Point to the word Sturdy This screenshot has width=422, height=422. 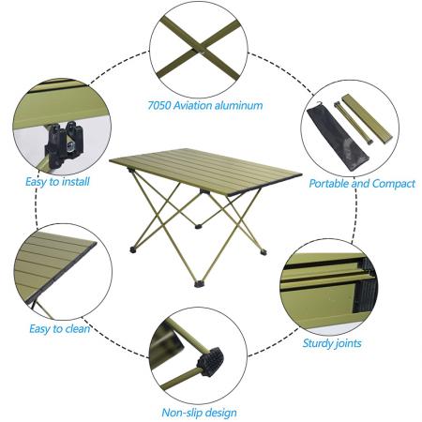click(316, 342)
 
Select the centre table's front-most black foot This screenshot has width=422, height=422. click(201, 281)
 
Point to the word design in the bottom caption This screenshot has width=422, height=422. click(220, 412)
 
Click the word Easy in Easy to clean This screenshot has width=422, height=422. click(42, 329)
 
